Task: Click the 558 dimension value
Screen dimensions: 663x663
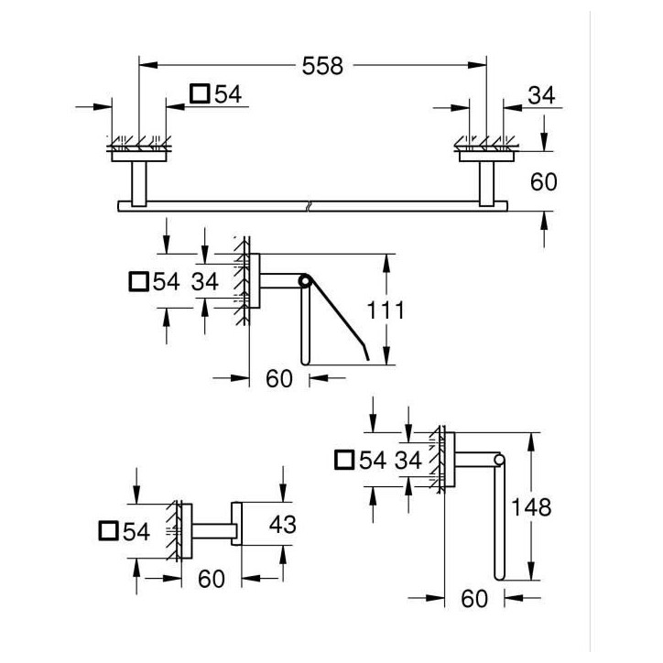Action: [x=322, y=66]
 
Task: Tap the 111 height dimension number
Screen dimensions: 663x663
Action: [x=386, y=310]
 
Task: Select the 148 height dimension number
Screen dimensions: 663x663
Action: [x=531, y=507]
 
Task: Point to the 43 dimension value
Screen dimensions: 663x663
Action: [x=282, y=525]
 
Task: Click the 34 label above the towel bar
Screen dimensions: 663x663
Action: [x=541, y=95]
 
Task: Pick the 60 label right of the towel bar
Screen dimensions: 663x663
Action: [x=544, y=182]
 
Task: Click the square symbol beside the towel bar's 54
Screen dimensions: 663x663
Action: [x=200, y=93]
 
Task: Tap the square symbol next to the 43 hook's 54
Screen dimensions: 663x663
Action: [x=108, y=530]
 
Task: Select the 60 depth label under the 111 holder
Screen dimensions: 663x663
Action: [x=279, y=378]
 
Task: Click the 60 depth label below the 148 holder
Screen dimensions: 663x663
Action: [x=474, y=598]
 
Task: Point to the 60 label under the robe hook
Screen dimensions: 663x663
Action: [x=212, y=579]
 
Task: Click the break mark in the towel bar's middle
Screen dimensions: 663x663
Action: [x=310, y=206]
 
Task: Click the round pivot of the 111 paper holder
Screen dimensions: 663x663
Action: [x=304, y=281]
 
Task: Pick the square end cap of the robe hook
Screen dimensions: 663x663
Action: [x=236, y=524]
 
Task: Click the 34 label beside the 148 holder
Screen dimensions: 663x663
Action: [x=408, y=460]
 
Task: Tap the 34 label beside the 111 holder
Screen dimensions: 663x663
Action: [x=204, y=281]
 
